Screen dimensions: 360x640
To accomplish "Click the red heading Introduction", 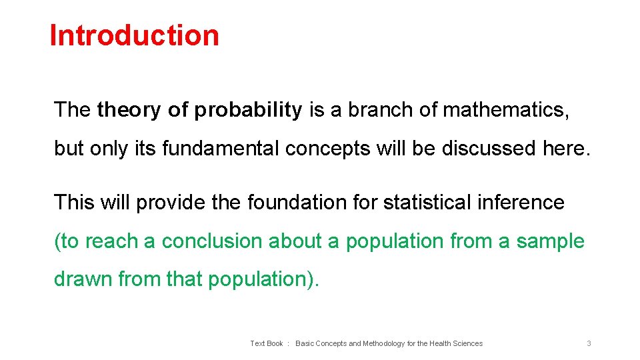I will coord(134,35).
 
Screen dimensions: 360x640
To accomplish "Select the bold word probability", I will coord(248,110).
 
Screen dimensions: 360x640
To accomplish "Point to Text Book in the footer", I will coord(267,343).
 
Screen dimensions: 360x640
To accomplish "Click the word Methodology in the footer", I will coord(380,343).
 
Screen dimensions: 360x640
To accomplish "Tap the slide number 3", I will coord(589,343).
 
